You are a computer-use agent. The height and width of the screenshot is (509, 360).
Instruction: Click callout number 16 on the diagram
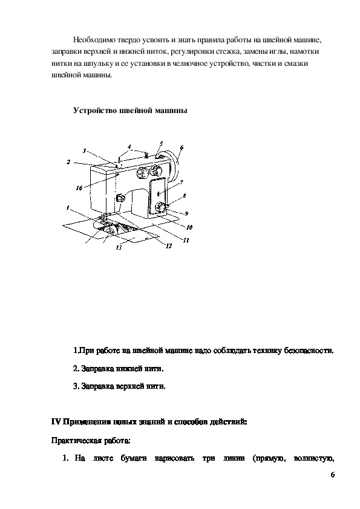coord(79,187)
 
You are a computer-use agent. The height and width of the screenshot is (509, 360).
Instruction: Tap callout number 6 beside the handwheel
coord(182,148)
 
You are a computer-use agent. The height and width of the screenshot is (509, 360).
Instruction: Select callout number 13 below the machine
coord(119,247)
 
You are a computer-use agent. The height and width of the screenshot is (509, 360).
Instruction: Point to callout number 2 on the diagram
coord(68,161)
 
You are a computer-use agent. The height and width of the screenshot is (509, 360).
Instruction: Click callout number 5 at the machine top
coord(161,144)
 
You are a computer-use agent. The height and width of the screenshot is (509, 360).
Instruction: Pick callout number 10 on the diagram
coord(189,227)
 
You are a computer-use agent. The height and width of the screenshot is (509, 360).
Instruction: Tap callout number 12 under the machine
coord(169,246)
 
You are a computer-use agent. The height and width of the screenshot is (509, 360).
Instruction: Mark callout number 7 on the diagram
coord(182,183)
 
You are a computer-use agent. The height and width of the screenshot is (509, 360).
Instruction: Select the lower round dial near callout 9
coord(160,207)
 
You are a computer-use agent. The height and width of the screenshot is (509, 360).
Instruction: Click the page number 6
coord(332,475)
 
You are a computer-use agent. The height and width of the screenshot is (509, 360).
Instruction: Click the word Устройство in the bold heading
coord(94,111)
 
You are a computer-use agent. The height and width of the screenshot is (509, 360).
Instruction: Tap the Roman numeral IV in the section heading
coord(56,423)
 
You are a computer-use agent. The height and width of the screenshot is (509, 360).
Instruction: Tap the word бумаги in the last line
coord(134,459)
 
